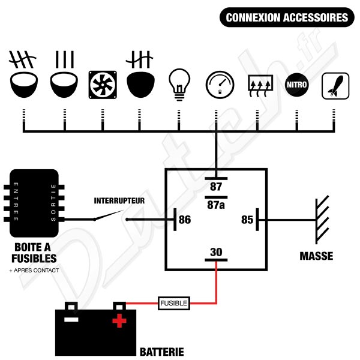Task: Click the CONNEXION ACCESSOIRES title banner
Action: (x=286, y=17)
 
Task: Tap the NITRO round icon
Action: (x=296, y=85)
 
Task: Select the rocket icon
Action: (x=335, y=85)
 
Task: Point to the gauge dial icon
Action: (x=217, y=85)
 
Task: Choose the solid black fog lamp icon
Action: (x=140, y=85)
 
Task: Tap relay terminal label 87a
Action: (x=216, y=204)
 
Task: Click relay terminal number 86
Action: (x=185, y=220)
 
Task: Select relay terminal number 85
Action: (x=247, y=220)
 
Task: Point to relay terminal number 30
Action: (x=216, y=253)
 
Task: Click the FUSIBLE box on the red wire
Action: (x=174, y=304)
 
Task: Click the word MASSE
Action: (x=316, y=256)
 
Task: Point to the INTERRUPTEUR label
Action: (x=119, y=200)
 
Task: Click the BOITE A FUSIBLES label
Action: (x=34, y=253)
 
